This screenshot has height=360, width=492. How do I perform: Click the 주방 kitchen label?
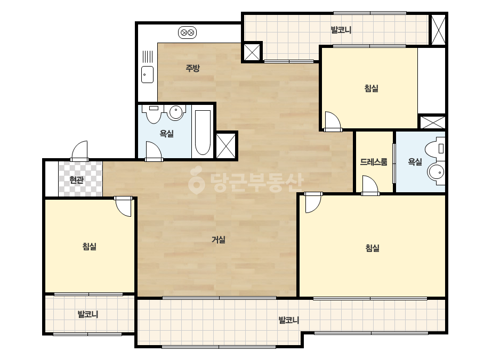[x=192, y=68]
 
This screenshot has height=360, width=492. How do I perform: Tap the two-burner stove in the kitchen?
[x=187, y=32]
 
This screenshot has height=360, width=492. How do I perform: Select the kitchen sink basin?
[x=148, y=75]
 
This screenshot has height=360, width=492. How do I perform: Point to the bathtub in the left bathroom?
[x=203, y=133]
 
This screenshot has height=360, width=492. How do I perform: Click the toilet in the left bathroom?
[x=154, y=114]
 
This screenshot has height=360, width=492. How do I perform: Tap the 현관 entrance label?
[x=77, y=180]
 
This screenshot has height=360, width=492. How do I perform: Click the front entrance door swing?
[x=80, y=151]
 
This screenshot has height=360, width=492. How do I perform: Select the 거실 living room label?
[x=219, y=240]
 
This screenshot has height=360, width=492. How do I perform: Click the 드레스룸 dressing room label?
[x=373, y=162]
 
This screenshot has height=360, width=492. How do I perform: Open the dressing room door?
[x=370, y=185]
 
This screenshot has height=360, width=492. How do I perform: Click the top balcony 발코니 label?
[x=341, y=30]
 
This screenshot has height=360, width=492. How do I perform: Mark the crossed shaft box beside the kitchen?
[x=252, y=52]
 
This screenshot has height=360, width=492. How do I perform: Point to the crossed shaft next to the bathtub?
[x=226, y=146]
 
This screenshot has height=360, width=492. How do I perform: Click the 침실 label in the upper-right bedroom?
[x=371, y=88]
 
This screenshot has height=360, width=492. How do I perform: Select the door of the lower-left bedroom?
[x=123, y=207]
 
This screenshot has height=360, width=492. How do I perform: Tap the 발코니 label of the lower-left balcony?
[x=88, y=314]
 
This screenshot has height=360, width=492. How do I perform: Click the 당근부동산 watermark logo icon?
[x=196, y=180]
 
